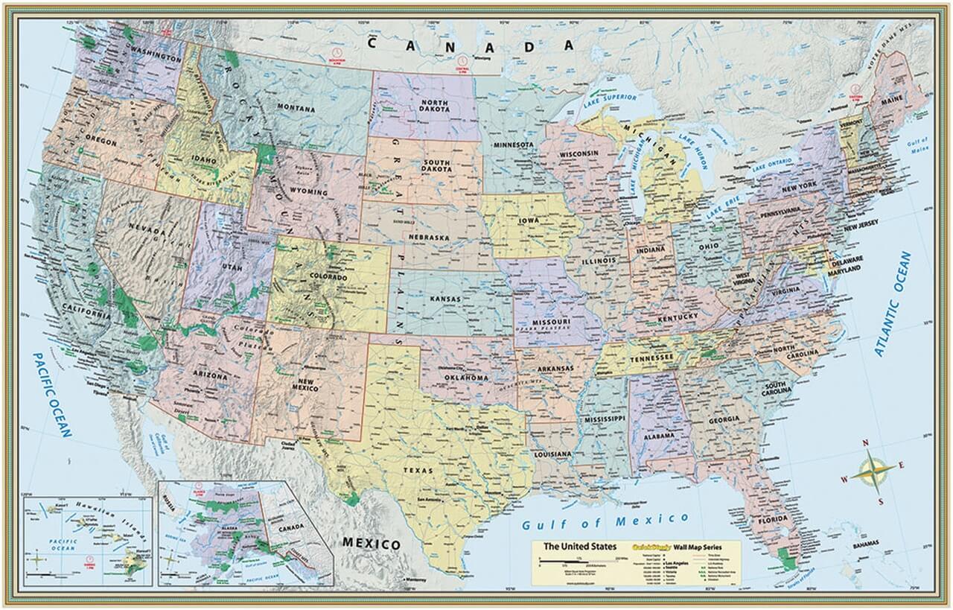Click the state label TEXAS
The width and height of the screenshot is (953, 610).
click(418, 471)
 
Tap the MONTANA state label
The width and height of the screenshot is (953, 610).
click(296, 109)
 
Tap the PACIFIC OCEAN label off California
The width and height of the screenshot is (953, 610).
click(51, 394)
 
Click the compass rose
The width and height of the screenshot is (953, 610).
click(875, 471)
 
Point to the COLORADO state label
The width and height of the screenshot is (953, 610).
click(328, 278)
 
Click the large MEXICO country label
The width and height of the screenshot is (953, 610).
click(371, 543)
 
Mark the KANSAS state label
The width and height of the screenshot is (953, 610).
click(444, 299)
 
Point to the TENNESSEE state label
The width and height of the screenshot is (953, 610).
click(652, 358)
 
